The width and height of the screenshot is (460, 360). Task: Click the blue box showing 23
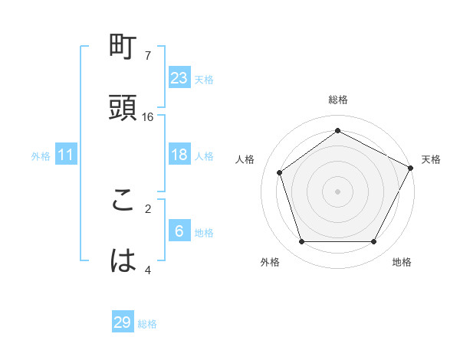(x=179, y=77)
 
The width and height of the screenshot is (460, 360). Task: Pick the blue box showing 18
(x=179, y=155)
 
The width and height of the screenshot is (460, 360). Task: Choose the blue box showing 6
(x=179, y=231)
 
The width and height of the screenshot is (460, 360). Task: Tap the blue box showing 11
(x=66, y=155)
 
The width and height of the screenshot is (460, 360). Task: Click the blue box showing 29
(x=123, y=322)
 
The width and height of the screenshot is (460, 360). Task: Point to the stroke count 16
(x=148, y=116)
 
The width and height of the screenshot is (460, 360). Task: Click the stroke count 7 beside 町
(x=148, y=56)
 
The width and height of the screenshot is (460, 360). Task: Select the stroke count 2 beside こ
(x=148, y=208)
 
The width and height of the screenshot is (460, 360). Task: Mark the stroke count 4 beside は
(x=148, y=269)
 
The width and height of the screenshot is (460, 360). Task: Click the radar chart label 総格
(x=338, y=100)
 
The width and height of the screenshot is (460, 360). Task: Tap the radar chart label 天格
(x=431, y=159)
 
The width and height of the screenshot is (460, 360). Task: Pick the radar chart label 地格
(x=402, y=262)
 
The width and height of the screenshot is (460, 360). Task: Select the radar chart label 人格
(x=245, y=159)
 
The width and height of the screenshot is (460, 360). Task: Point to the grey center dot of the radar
(x=338, y=191)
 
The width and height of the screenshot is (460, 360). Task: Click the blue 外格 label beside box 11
(x=41, y=156)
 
